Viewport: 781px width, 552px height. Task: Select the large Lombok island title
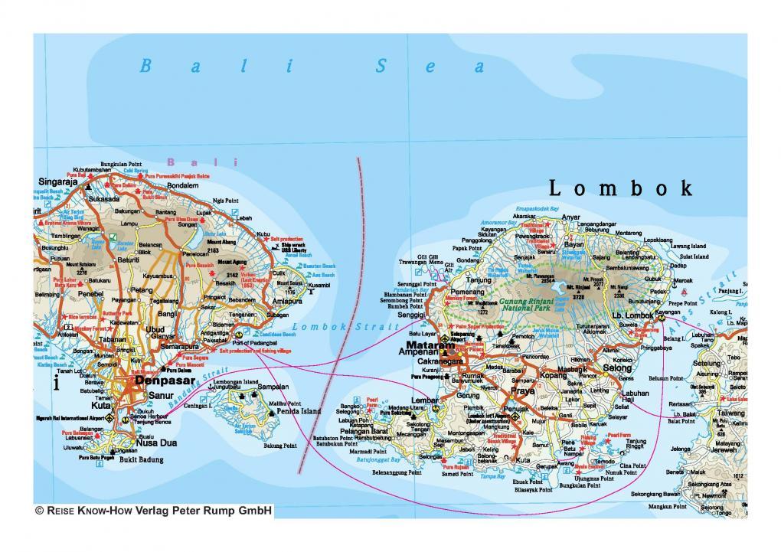coord(621,188)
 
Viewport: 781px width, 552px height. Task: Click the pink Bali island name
coord(203,162)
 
